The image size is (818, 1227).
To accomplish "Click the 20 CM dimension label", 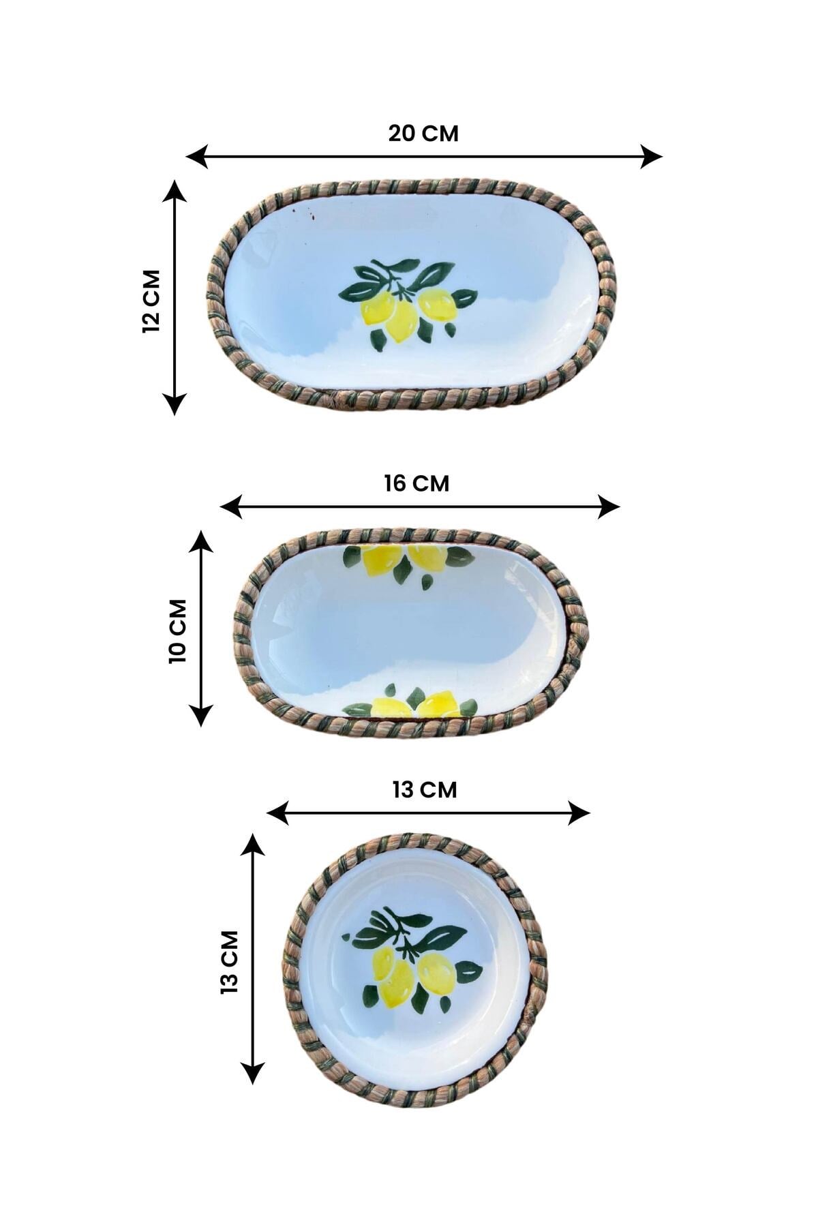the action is click(423, 134).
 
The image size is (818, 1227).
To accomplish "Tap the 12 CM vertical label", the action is click(151, 301).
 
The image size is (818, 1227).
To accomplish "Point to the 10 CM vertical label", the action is click(177, 631).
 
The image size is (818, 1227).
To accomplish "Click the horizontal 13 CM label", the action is click(425, 789).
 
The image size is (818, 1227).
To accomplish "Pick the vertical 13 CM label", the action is click(230, 961).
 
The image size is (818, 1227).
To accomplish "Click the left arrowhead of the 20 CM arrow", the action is click(196, 157).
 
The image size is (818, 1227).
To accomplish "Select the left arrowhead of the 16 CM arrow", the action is click(231, 507).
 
